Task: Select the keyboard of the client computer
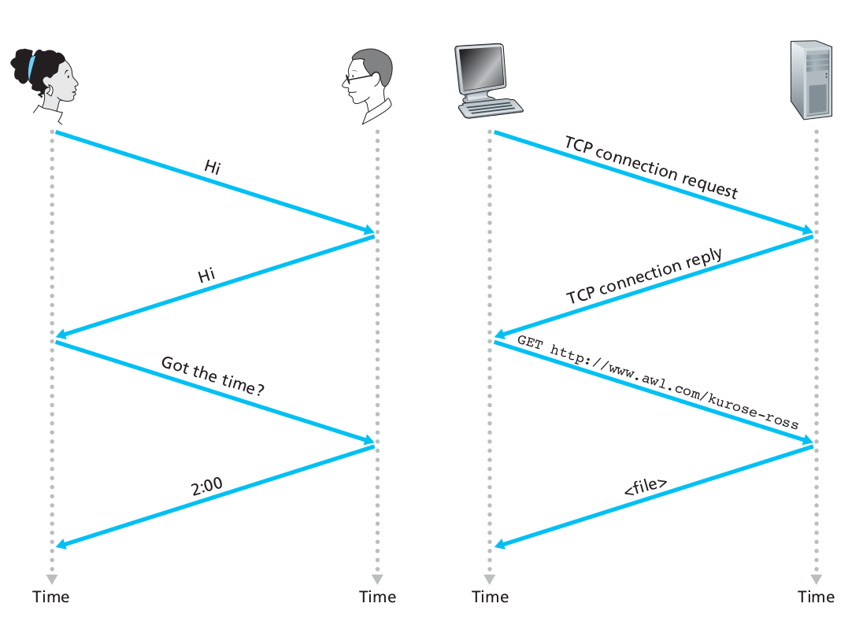point(494,108)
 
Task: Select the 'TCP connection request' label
point(651,168)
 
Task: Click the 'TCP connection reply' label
point(644,278)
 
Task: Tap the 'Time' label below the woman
point(51,597)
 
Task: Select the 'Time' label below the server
point(816,597)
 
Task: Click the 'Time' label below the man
point(378,597)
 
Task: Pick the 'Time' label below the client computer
point(491,597)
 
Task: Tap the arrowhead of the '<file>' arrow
point(499,544)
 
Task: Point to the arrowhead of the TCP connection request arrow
point(808,231)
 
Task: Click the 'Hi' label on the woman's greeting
point(212,167)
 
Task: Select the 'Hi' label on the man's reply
point(206,276)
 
